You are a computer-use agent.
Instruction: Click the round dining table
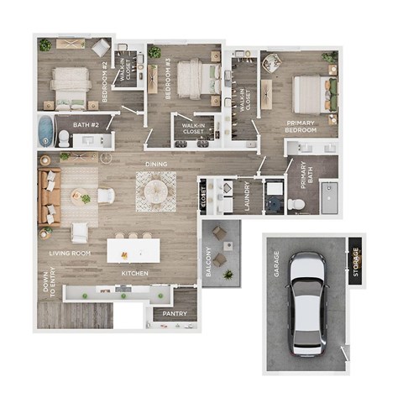(x=156, y=191)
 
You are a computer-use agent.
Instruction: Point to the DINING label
(x=156, y=165)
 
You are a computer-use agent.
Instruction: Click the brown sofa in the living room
(x=48, y=198)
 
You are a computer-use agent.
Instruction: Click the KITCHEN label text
(x=136, y=275)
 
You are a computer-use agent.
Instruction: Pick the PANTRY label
(x=175, y=315)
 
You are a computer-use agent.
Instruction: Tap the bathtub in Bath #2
(x=45, y=131)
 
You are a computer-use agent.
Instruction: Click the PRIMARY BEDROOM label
(x=300, y=126)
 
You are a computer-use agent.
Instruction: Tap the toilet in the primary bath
(x=296, y=203)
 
